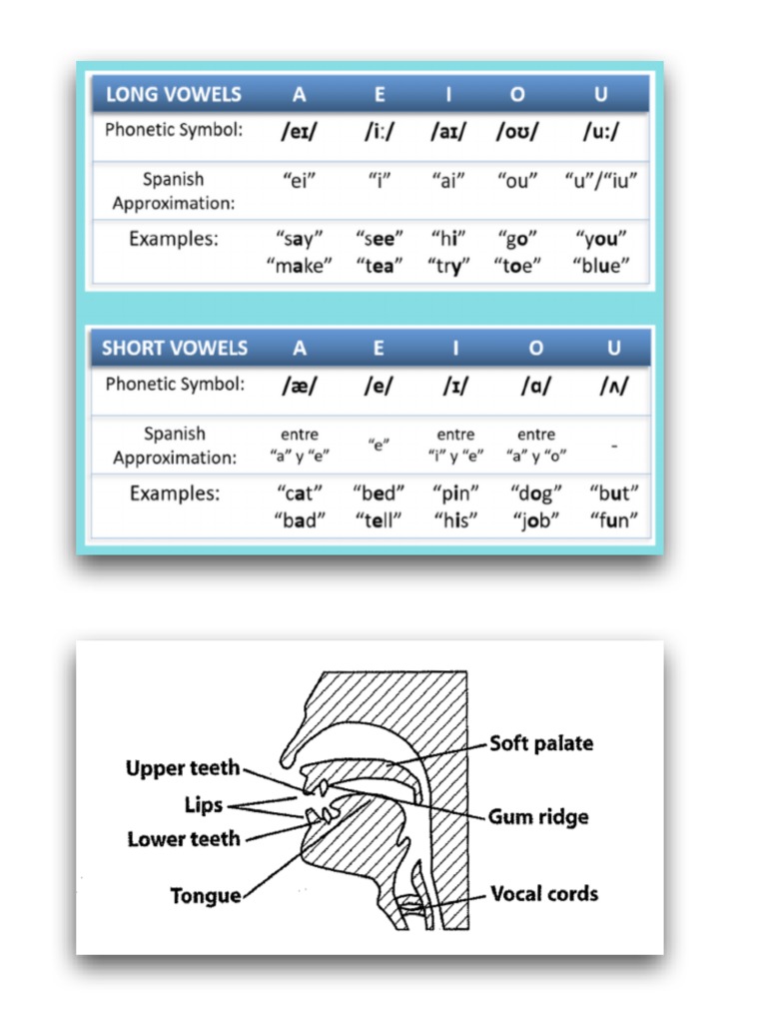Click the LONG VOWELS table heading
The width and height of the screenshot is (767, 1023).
tap(173, 95)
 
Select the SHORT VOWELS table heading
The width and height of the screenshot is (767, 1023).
tap(175, 349)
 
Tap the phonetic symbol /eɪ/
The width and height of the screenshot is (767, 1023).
tap(300, 133)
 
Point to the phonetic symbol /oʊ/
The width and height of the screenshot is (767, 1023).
tap(517, 133)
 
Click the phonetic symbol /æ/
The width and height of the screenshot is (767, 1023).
tap(300, 388)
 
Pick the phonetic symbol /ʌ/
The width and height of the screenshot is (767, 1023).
tap(613, 388)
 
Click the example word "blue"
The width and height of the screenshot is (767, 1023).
tap(602, 266)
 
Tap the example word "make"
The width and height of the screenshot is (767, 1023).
tap(300, 266)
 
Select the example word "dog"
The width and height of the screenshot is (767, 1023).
tap(536, 494)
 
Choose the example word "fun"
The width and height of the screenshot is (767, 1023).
tap(613, 520)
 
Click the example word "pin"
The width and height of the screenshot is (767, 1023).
tap(456, 494)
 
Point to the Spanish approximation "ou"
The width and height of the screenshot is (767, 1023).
tap(517, 181)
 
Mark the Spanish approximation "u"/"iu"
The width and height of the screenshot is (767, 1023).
tap(601, 181)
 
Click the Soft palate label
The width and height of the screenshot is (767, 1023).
tap(541, 744)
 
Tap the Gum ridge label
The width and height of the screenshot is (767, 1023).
tap(538, 817)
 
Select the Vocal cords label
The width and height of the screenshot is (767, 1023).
tap(544, 893)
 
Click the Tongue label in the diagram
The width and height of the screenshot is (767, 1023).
tap(206, 896)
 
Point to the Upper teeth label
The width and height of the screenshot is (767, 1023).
tap(183, 768)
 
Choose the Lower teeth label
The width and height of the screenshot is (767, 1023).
tap(184, 839)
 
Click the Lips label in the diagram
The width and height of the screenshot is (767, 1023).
tap(204, 805)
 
